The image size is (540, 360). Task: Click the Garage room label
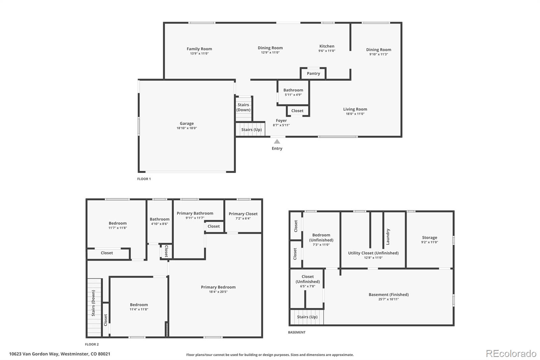(x=187, y=124)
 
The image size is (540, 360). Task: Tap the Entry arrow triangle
(x=277, y=142)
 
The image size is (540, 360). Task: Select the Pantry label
(x=313, y=74)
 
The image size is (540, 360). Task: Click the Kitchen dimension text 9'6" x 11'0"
(x=327, y=51)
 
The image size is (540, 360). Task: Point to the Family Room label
(x=199, y=49)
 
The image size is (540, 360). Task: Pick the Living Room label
(x=355, y=109)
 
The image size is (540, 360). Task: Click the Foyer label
(x=281, y=121)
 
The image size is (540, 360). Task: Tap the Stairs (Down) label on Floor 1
(x=243, y=107)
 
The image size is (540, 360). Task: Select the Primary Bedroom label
(x=218, y=287)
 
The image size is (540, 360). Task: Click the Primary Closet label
(x=243, y=214)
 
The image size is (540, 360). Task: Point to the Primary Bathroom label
(x=195, y=213)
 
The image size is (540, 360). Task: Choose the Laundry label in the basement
(x=388, y=237)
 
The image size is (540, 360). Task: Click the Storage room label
(x=429, y=238)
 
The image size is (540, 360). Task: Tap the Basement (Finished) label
(x=388, y=294)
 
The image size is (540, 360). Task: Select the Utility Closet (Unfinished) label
(x=373, y=253)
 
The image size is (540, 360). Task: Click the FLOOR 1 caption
(x=144, y=179)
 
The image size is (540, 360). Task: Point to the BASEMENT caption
(x=297, y=332)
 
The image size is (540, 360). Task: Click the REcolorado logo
(x=511, y=354)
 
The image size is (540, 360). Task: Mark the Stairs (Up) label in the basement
(x=307, y=317)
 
